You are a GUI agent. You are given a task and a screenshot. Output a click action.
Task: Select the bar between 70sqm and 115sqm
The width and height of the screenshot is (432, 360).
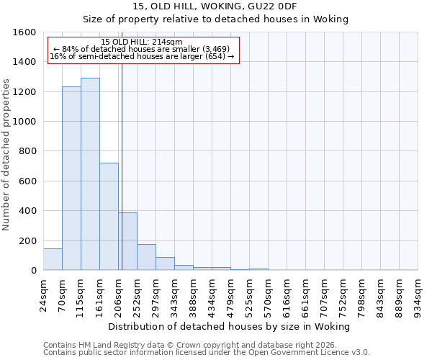tap(71, 179)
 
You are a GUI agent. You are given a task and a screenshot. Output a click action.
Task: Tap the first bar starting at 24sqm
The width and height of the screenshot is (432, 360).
tap(53, 259)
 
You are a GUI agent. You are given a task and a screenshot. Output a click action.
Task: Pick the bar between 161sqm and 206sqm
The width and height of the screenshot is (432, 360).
tap(109, 216)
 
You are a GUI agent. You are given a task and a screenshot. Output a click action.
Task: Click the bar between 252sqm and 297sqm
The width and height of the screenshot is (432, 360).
tap(146, 257)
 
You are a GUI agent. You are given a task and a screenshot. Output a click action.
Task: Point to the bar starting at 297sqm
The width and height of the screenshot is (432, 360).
tap(165, 264)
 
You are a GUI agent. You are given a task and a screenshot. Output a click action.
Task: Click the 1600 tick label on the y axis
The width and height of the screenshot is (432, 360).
tap(24, 32)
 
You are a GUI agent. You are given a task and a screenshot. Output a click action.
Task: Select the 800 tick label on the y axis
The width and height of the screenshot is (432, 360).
tap(27, 151)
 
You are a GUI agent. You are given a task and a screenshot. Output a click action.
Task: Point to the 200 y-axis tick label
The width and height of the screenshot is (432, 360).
tap(27, 240)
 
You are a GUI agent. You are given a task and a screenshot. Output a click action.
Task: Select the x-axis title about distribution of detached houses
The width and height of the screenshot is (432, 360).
tap(230, 326)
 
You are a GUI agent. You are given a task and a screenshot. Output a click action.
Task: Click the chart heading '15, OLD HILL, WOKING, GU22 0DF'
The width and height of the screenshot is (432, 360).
tap(230, 6)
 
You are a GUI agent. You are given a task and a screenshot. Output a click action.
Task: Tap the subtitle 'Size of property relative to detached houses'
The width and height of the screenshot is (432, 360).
tap(230, 19)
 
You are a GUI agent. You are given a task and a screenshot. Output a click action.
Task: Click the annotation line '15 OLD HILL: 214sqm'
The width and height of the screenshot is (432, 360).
tap(142, 42)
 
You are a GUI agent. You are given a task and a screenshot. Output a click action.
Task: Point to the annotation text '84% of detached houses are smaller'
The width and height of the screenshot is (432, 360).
tap(142, 49)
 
